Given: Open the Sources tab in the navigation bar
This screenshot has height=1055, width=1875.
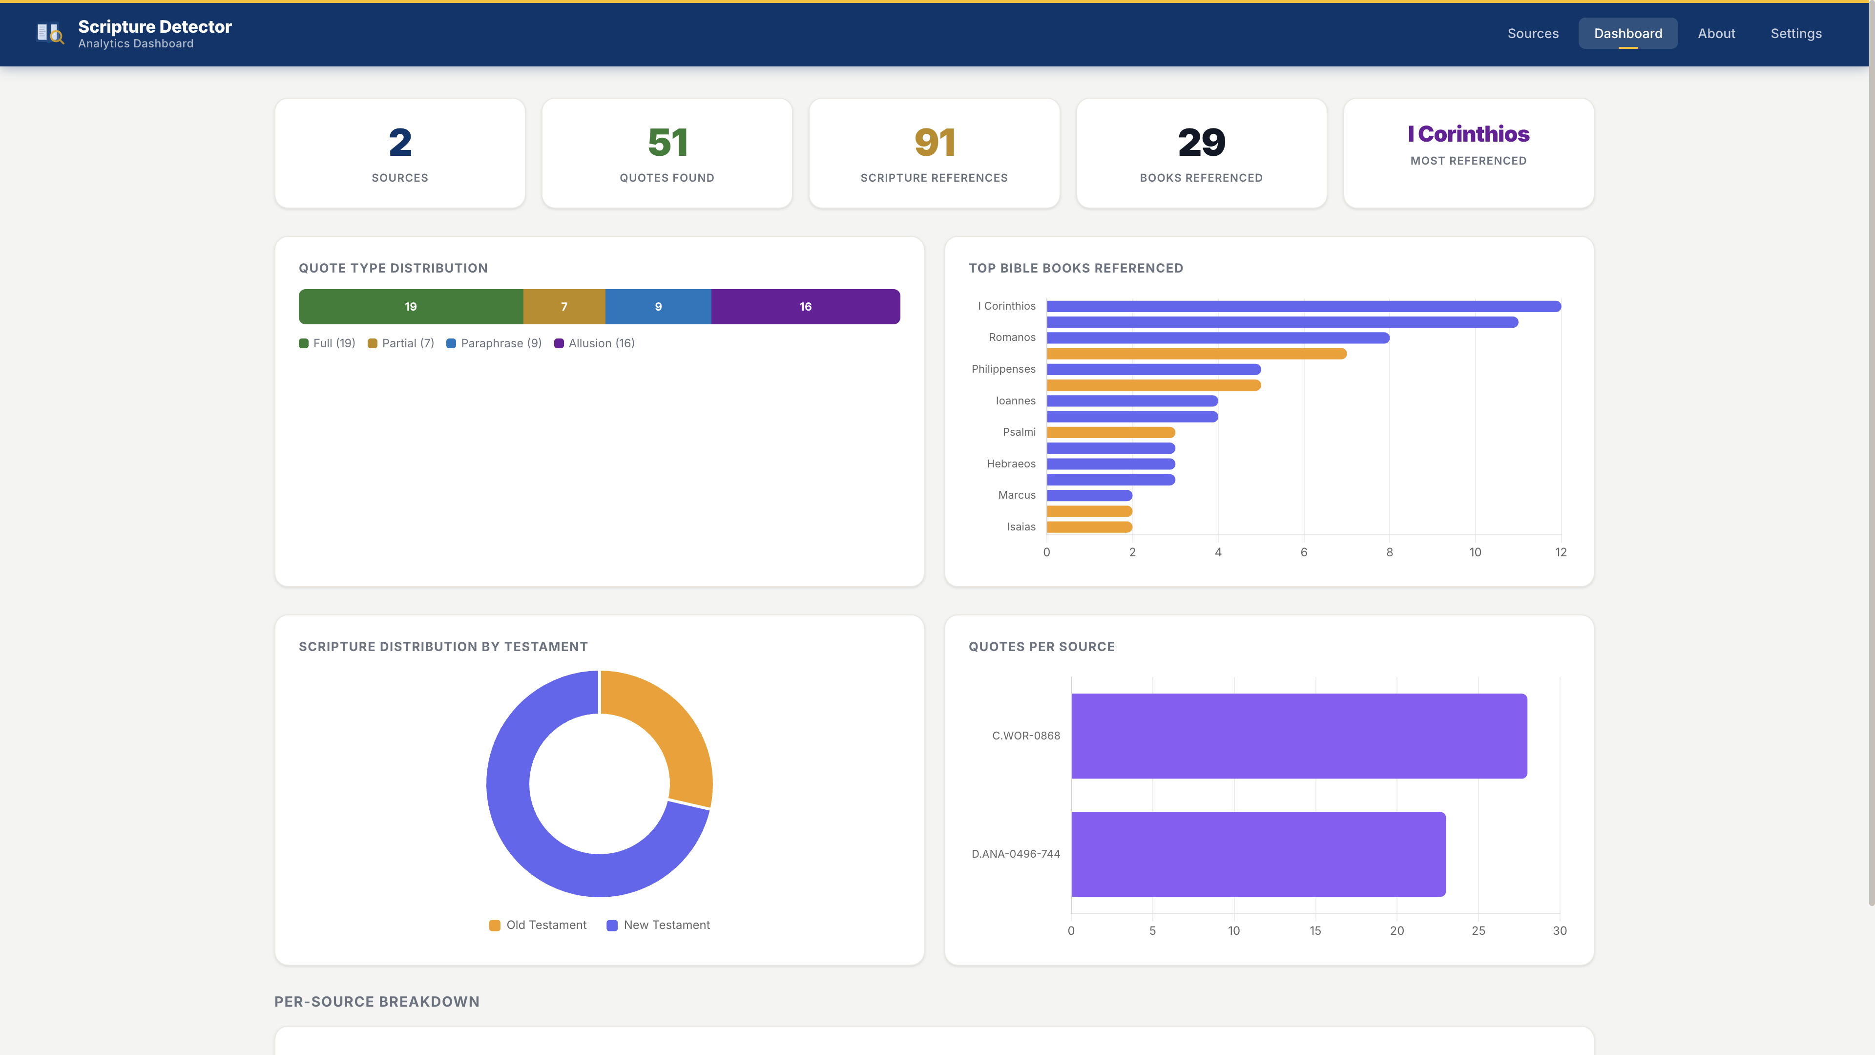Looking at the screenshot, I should pos(1532,34).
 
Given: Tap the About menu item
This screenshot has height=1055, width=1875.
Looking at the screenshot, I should pos(1716,34).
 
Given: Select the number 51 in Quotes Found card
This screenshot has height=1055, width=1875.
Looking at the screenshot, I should pos(667,142).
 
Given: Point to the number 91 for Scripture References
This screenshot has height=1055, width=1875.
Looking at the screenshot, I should pos(934,142).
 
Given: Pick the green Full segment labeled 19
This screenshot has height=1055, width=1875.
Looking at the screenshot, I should pos(411,307).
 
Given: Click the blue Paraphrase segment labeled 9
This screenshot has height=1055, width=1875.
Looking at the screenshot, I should pos(658,307).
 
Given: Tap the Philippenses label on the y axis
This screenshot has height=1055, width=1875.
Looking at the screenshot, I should pos(1003,369).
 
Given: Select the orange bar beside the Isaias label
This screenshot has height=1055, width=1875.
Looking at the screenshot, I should pos(1089,527).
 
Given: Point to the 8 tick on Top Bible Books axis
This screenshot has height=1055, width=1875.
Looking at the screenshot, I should pos(1389,552).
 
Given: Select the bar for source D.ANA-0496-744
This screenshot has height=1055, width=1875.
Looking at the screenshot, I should pos(1258,854).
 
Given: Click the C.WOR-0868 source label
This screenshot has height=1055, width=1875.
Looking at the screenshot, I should pos(1025,736).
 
